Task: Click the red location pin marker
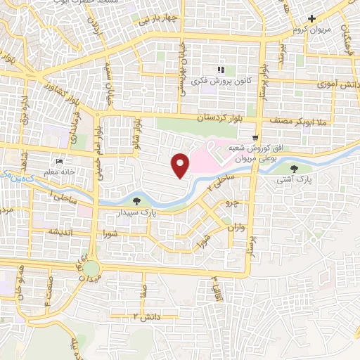[181, 165]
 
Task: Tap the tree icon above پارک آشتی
[294, 168]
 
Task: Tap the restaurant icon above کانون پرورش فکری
[221, 70]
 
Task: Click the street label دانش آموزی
[341, 84]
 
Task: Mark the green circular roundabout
[92, 267]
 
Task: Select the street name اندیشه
[59, 231]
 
